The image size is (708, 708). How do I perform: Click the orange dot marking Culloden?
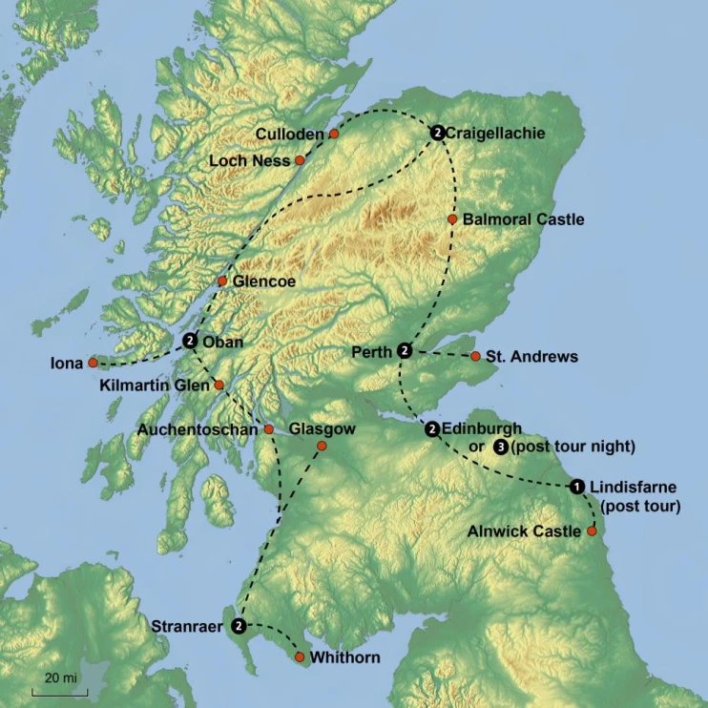pos(334,135)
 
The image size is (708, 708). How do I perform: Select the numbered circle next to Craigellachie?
pos(436,134)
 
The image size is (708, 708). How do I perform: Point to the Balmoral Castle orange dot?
pos(452,219)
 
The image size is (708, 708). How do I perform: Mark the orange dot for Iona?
pos(93,363)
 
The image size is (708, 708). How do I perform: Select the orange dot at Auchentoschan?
pos(268,429)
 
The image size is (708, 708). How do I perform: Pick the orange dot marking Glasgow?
pos(322,446)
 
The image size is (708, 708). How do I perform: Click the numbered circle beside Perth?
pos(405,351)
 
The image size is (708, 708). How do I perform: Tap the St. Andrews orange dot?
pos(475,357)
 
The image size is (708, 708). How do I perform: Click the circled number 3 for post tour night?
pos(502,447)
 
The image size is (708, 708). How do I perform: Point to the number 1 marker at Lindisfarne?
pos(577,487)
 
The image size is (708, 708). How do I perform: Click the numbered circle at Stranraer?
pos(239,626)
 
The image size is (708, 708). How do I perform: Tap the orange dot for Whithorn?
pos(300,657)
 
